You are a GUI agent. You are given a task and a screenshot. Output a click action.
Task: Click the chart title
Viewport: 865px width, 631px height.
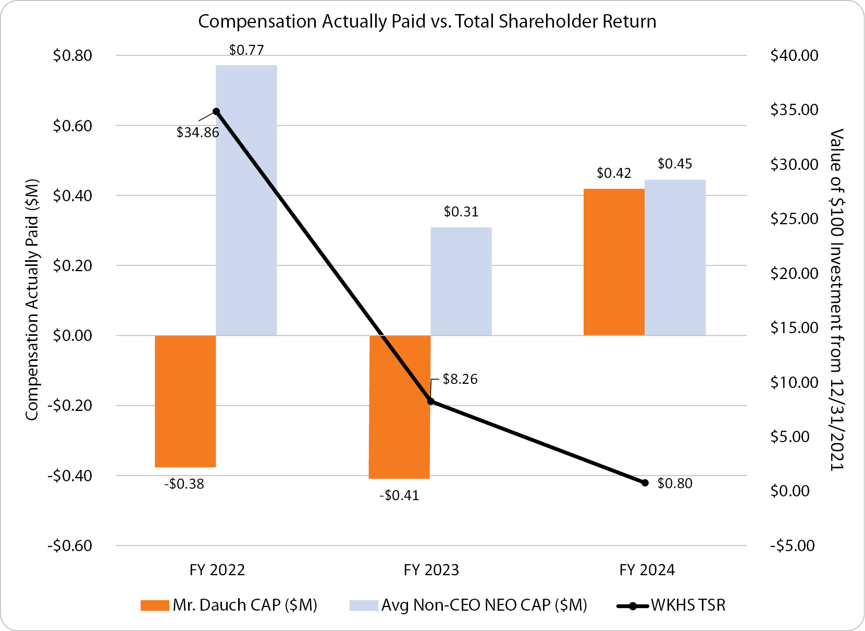[427, 21]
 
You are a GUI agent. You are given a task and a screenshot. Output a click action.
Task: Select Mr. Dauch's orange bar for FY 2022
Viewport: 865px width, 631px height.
[186, 401]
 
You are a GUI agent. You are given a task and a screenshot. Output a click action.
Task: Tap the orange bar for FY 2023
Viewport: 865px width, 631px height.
[399, 407]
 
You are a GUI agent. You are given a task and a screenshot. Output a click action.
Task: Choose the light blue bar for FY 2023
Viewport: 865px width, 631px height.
[461, 281]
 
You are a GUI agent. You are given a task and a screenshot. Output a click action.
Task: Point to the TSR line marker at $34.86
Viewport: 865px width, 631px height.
[216, 112]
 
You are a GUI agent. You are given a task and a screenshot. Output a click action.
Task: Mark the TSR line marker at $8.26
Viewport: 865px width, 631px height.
[431, 401]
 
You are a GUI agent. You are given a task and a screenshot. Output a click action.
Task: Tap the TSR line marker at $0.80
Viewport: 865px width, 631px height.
[645, 483]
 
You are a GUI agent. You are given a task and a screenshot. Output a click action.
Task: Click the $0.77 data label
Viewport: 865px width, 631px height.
[246, 50]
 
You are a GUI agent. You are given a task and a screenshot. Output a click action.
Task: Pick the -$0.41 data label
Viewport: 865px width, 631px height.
[399, 495]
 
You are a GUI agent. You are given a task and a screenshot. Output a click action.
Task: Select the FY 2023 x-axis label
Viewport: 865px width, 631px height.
[431, 570]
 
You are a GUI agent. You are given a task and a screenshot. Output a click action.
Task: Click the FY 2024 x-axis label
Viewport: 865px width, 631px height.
[647, 570]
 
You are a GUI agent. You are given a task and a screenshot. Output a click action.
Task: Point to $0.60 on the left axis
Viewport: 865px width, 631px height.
[72, 126]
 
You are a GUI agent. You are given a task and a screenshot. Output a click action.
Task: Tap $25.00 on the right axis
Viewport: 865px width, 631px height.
[794, 219]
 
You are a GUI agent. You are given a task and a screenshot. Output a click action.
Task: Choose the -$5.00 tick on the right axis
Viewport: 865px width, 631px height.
[792, 546]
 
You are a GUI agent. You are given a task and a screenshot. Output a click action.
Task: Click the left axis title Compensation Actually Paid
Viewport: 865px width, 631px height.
[32, 300]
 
